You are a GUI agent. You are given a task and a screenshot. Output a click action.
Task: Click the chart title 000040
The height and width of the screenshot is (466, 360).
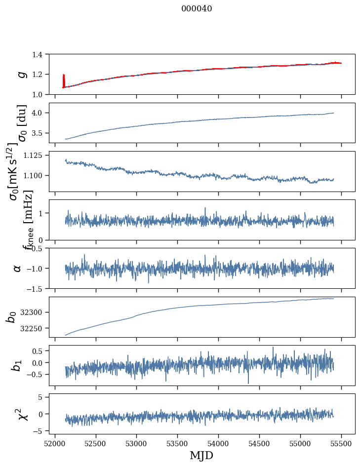point(197,9)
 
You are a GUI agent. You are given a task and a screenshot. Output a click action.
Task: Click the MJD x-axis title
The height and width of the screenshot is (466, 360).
point(201,455)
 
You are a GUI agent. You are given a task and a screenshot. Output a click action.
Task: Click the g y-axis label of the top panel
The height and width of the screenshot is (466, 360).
point(21,74)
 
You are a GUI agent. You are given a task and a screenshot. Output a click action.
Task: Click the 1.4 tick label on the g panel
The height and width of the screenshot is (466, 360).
point(39,54)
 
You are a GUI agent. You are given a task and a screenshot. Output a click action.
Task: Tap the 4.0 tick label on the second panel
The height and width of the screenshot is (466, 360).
point(39,113)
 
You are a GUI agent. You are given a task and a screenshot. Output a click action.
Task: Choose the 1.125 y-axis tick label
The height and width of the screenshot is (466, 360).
point(35,155)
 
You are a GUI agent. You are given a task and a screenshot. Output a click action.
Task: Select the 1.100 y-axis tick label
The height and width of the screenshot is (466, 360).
point(35,175)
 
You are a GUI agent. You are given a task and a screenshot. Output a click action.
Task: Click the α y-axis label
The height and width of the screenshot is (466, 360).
point(17,268)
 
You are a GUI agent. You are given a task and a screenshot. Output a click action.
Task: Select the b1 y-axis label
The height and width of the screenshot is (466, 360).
point(17,365)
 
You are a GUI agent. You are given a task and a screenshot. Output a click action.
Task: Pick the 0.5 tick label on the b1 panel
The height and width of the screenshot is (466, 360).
point(39,351)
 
